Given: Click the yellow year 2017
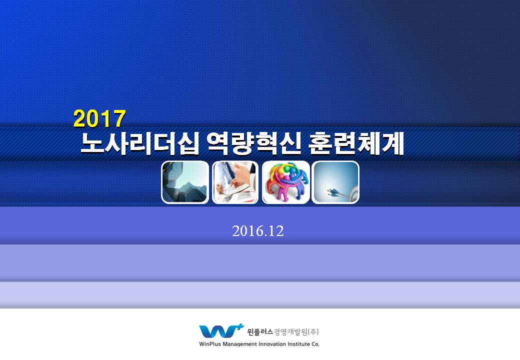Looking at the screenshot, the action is point(99,118).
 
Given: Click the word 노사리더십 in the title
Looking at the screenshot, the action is point(140,144).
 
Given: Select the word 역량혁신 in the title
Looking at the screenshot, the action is point(253,144).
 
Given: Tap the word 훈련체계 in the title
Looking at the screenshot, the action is point(356,144).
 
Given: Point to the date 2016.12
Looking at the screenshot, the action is point(258,231).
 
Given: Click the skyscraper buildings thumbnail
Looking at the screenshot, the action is point(184,182).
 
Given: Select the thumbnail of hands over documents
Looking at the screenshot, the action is point(235,182).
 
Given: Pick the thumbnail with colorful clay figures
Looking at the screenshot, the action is point(286,182).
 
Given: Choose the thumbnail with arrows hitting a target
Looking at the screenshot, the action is point(335,182).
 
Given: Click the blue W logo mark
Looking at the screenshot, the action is point(219,331).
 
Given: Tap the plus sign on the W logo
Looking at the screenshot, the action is point(240,326).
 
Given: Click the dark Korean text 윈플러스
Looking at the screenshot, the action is point(260,332).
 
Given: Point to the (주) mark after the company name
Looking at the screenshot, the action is point(313,332).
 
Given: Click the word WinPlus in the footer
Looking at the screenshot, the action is point(210,344).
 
